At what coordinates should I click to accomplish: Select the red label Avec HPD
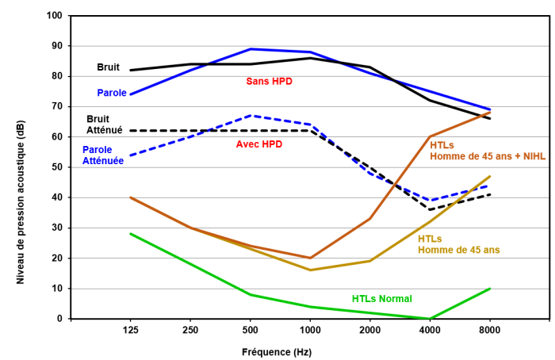259,144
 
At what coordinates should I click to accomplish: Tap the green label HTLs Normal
382,299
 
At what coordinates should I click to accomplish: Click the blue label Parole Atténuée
103,155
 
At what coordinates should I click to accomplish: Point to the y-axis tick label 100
54,16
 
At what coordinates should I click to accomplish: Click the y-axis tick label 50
57,167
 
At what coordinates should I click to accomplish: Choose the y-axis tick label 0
60,319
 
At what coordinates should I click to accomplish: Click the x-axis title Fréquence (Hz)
277,350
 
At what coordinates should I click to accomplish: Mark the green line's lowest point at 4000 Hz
430,318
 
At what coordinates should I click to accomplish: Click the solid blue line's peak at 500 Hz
250,49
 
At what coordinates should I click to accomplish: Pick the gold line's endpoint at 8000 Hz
490,176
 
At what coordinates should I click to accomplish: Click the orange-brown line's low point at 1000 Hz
310,258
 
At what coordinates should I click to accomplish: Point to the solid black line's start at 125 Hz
130,70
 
